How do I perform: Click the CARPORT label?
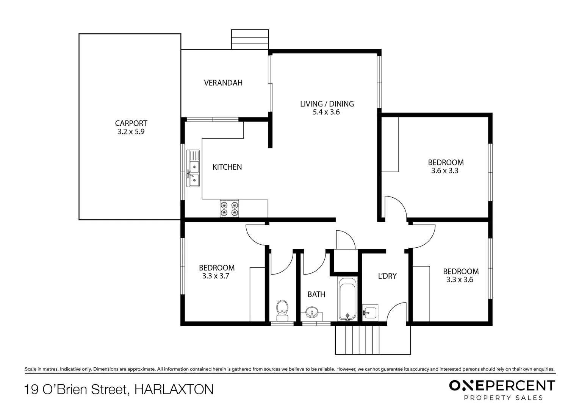tap(131, 123)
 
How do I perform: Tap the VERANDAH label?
tap(223, 83)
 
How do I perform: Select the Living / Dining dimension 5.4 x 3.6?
tap(327, 112)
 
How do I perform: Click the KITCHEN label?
tap(227, 167)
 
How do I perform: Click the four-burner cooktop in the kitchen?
tap(229, 209)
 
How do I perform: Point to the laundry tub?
tap(370, 313)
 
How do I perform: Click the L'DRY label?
tap(387, 276)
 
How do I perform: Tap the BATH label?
tap(316, 294)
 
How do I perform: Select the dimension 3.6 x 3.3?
tap(445, 171)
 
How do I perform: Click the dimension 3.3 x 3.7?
tap(216, 276)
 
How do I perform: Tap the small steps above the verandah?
tap(250, 39)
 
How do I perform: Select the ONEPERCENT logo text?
tap(502, 386)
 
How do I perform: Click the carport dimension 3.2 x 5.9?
tap(131, 132)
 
